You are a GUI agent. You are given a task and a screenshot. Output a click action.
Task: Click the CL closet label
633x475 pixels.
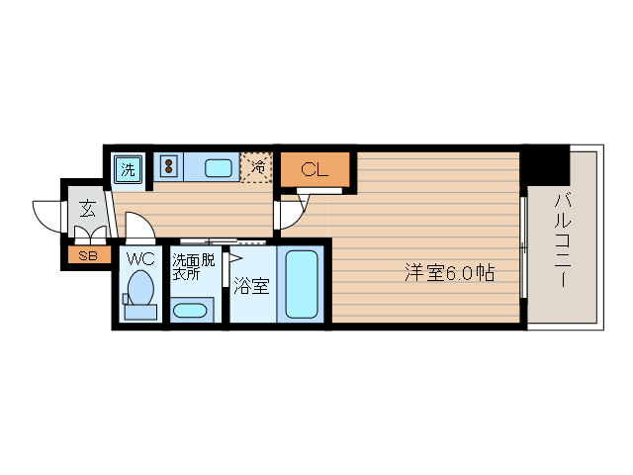click(x=314, y=169)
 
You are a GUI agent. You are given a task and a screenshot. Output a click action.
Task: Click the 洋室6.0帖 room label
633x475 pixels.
click(x=449, y=273)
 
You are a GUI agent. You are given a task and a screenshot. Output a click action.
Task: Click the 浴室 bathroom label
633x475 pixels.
click(x=251, y=287)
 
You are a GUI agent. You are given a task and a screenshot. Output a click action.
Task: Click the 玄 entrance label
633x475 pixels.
click(x=87, y=209)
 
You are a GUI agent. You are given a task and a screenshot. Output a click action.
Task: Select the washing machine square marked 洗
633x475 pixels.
click(x=129, y=169)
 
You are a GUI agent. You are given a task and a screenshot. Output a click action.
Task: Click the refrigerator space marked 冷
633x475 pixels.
click(x=256, y=167)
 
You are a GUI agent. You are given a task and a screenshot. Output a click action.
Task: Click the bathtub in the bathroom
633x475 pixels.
click(x=301, y=284)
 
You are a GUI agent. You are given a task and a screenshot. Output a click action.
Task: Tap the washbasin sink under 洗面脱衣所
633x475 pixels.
click(x=190, y=310)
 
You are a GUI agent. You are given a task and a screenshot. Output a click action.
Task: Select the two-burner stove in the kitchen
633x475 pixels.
click(x=167, y=167)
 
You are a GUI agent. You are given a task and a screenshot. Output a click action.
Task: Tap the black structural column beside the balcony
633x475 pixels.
click(x=546, y=162)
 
